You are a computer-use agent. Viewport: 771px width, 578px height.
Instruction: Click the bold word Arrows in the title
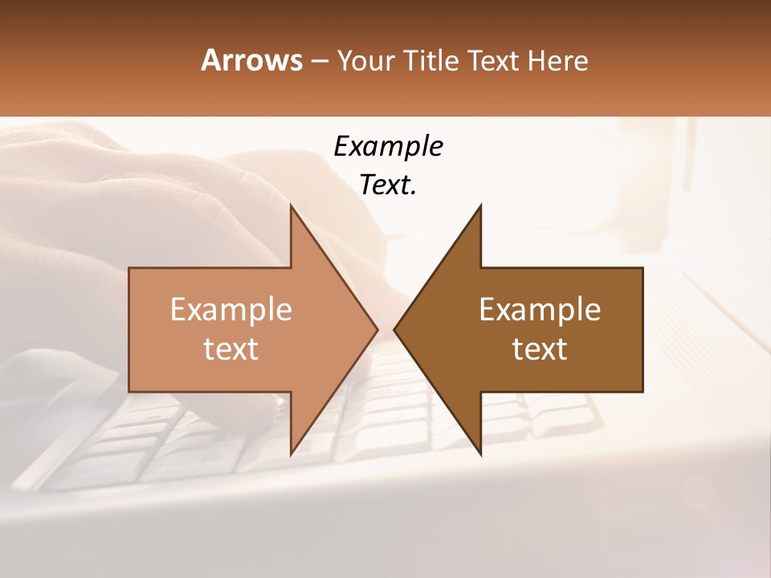(x=252, y=60)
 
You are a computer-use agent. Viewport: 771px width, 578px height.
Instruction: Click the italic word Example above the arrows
(x=388, y=146)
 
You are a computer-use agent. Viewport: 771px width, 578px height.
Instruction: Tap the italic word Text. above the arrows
(x=388, y=185)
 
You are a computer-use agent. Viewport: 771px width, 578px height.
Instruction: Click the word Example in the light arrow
(x=231, y=309)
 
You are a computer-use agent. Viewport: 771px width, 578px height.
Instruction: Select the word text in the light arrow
(x=231, y=349)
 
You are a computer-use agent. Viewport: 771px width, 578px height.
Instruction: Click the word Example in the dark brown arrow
(x=540, y=309)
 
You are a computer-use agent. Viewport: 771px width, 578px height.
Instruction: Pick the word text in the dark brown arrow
(x=540, y=349)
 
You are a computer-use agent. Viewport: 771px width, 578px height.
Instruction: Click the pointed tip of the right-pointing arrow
(x=377, y=329)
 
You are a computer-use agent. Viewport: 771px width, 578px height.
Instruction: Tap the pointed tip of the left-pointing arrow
(x=394, y=329)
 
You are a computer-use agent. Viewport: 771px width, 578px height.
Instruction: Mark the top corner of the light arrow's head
(x=291, y=206)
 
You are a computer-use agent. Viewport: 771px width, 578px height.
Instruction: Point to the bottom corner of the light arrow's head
(x=291, y=454)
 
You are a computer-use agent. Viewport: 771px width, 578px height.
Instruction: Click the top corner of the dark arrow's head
(x=480, y=206)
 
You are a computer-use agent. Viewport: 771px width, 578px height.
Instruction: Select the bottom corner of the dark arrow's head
(x=480, y=454)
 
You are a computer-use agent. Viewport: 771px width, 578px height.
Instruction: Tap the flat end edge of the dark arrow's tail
(x=642, y=329)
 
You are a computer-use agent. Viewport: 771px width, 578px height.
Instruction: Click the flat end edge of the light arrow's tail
(x=129, y=329)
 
